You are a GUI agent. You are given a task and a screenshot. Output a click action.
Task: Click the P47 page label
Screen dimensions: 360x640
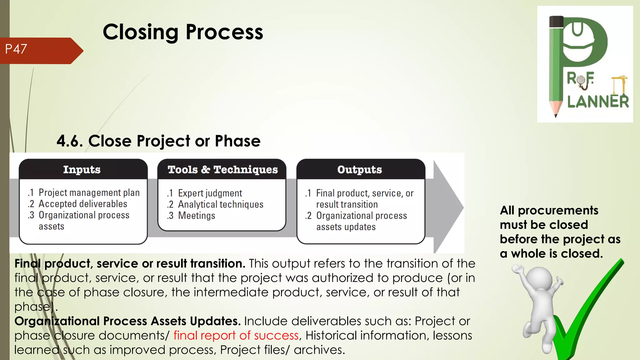pyautogui.click(x=16, y=49)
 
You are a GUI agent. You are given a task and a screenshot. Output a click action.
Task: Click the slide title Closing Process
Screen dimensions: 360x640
pyautogui.click(x=183, y=32)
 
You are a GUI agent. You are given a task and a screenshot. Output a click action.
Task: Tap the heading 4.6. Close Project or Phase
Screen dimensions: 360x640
pyautogui.click(x=158, y=141)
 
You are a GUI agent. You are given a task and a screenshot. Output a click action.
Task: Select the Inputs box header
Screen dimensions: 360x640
pyautogui.click(x=82, y=169)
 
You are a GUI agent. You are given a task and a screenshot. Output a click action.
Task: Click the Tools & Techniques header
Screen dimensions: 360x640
pyautogui.click(x=222, y=169)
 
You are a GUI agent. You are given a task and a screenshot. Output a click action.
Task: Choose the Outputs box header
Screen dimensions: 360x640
pyautogui.click(x=359, y=169)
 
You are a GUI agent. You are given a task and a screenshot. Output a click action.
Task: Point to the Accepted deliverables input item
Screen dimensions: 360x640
pyautogui.click(x=83, y=204)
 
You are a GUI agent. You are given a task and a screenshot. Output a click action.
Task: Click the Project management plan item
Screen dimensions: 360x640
pyautogui.click(x=89, y=193)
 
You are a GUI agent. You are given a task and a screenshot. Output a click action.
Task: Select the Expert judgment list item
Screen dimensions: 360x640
pyautogui.click(x=210, y=193)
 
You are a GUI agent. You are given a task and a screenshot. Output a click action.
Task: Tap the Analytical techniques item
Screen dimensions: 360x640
pyautogui.click(x=221, y=204)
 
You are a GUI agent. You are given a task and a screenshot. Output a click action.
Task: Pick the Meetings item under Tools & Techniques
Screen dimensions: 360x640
pyautogui.click(x=197, y=216)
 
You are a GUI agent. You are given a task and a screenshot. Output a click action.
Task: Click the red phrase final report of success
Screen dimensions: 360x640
pyautogui.click(x=236, y=335)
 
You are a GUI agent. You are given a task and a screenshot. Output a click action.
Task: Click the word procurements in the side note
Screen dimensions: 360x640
pyautogui.click(x=558, y=210)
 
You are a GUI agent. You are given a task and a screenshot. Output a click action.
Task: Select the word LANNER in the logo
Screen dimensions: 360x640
pyautogui.click(x=598, y=102)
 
